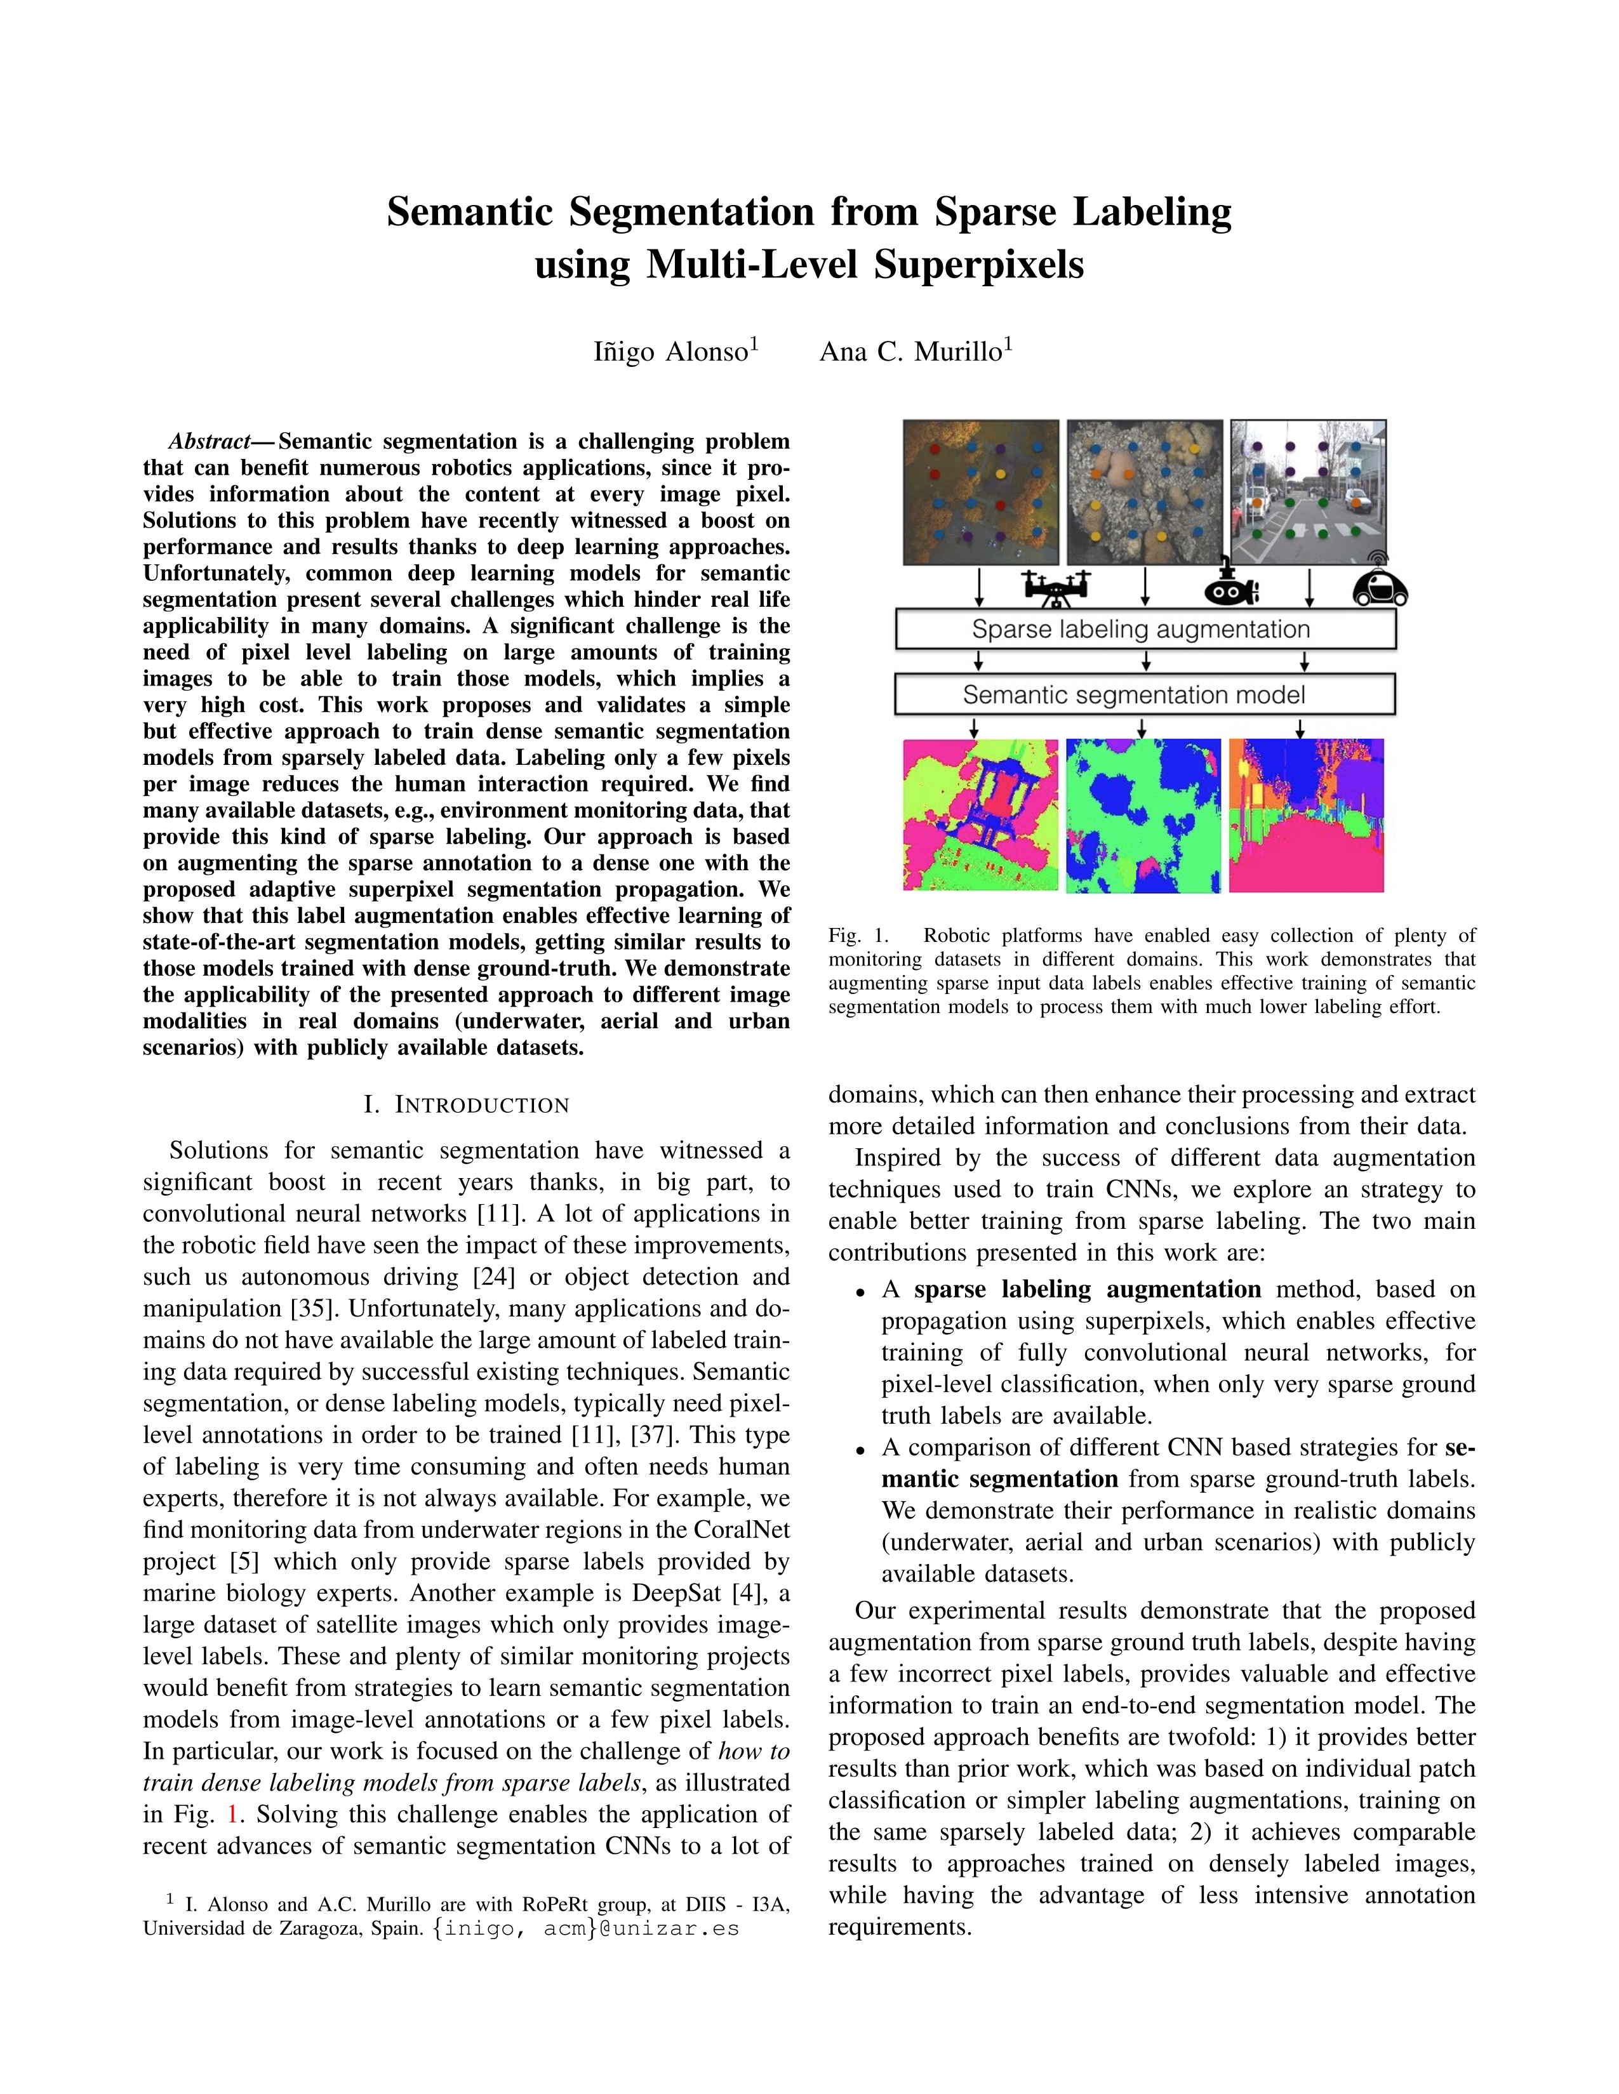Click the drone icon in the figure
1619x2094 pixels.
pos(1056,586)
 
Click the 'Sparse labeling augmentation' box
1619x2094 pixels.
pos(1144,630)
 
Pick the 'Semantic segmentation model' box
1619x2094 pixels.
pos(1143,695)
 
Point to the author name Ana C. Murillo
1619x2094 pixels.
pos(916,352)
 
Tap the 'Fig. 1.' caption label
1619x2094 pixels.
pos(858,936)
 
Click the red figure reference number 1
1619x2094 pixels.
pos(230,1814)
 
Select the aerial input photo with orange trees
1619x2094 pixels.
pos(980,492)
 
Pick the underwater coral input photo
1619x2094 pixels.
pos(1144,492)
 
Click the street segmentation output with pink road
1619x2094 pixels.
pos(1307,815)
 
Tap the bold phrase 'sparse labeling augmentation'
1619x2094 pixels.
pos(1088,1290)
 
